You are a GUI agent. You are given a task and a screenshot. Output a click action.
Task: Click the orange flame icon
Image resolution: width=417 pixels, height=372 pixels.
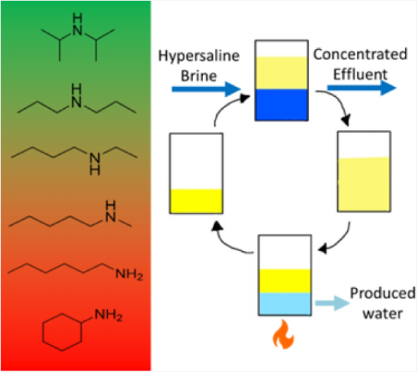pyautogui.click(x=283, y=335)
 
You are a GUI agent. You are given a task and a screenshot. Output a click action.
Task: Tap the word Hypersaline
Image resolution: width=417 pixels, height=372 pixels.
pyautogui.click(x=199, y=57)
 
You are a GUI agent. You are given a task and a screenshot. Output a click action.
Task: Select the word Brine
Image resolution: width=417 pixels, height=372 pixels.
pyautogui.click(x=199, y=76)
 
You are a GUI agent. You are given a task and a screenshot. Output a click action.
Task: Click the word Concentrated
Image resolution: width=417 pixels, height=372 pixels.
pyautogui.click(x=360, y=54)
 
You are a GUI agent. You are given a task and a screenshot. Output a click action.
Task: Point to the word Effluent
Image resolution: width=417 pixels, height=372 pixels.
pyautogui.click(x=360, y=74)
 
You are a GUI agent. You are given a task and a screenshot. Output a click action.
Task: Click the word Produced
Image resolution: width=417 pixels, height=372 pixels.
pyautogui.click(x=382, y=293)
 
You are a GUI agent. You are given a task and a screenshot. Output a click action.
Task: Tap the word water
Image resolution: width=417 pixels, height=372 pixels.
pyautogui.click(x=382, y=313)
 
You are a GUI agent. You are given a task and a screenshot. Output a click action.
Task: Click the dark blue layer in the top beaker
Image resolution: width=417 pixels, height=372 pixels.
pyautogui.click(x=281, y=105)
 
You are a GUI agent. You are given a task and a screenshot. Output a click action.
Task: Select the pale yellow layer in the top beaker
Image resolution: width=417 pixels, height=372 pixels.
pyautogui.click(x=281, y=73)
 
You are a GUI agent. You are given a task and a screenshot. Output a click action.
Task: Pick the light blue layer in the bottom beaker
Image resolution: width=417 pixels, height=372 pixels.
pyautogui.click(x=285, y=303)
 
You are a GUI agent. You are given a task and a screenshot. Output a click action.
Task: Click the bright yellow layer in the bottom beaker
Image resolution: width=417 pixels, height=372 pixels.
pyautogui.click(x=285, y=281)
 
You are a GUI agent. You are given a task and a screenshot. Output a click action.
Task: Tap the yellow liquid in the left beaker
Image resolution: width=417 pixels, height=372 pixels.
pyautogui.click(x=196, y=201)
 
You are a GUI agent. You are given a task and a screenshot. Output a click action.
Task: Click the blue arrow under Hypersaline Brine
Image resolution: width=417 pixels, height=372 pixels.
pyautogui.click(x=206, y=89)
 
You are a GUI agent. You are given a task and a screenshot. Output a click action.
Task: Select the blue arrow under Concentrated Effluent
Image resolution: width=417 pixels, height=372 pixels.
pyautogui.click(x=362, y=88)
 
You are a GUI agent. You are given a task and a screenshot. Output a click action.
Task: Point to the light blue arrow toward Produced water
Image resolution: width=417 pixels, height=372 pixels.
pyautogui.click(x=332, y=303)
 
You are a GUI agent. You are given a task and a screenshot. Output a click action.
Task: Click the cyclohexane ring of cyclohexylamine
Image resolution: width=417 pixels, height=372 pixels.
pyautogui.click(x=62, y=332)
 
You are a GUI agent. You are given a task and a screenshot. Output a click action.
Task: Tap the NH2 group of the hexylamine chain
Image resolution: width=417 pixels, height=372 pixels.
pyautogui.click(x=129, y=274)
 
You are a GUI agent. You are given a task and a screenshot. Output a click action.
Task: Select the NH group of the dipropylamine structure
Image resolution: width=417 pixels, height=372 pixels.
pyautogui.click(x=76, y=96)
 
